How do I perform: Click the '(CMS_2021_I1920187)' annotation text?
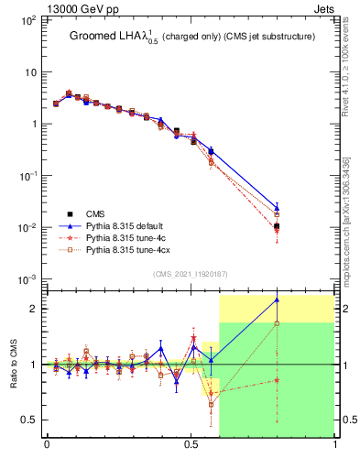coord(191,274)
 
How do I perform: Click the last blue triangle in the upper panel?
coord(277,208)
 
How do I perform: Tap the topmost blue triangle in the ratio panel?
coord(277,300)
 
